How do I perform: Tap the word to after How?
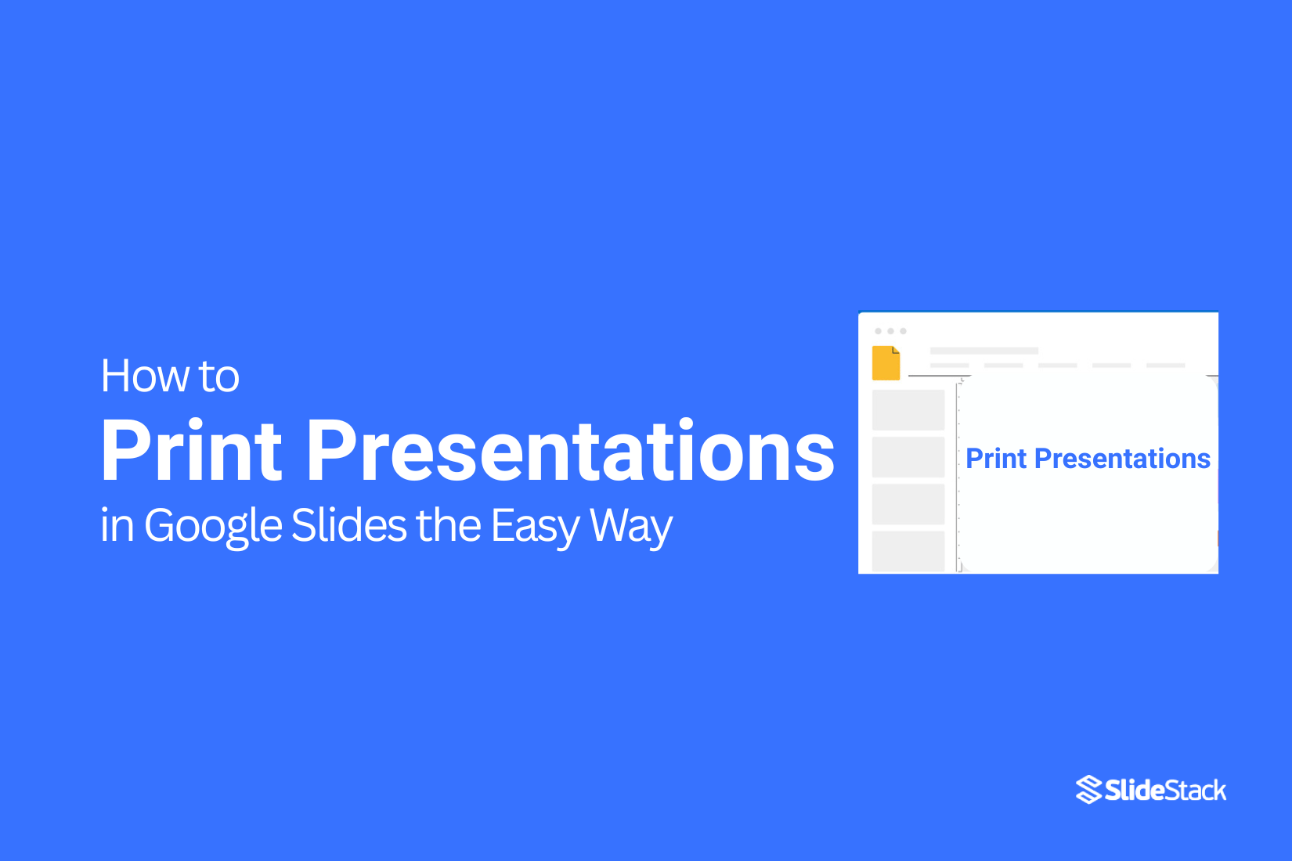[219, 377]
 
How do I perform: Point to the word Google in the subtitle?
[213, 525]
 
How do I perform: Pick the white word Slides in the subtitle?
[348, 525]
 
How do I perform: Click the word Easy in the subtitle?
[536, 525]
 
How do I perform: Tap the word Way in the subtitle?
[631, 525]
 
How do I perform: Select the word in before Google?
[117, 525]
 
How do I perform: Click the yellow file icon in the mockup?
[886, 363]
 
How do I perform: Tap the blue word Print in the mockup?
[996, 459]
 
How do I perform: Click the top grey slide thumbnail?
[908, 410]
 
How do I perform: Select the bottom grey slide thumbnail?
[908, 551]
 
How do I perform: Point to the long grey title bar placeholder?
[983, 351]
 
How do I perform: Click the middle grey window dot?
[890, 331]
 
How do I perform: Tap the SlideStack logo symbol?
[1088, 790]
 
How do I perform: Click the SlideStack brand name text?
[1165, 791]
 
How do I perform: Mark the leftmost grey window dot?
[878, 331]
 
